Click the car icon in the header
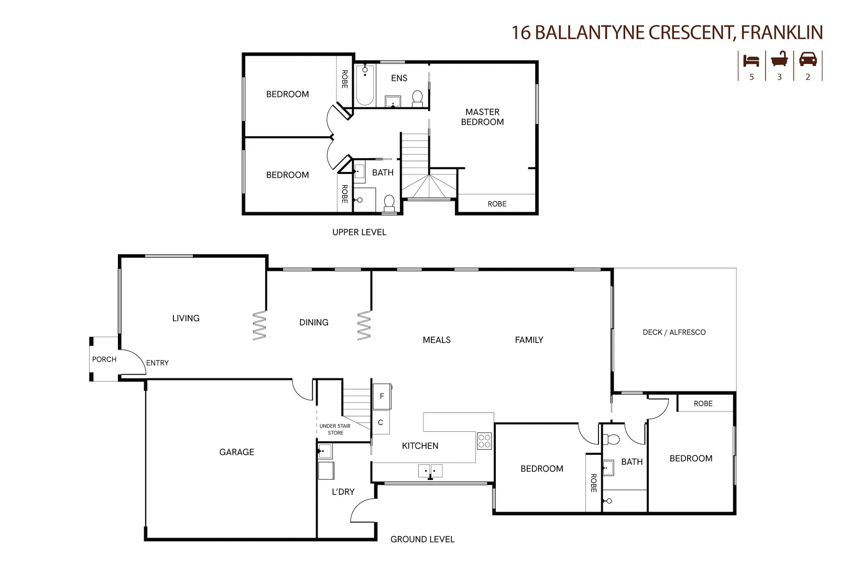coord(808,59)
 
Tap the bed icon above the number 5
coord(751,60)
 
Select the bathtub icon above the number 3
coord(779,59)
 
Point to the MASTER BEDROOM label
coord(482,117)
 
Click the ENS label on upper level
coord(399,78)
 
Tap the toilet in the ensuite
coord(418,99)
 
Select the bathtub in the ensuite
coord(365,84)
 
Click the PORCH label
coord(104,360)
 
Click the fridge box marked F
coord(382,396)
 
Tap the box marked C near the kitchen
coord(380,422)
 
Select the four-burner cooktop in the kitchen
coord(484,441)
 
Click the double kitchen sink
coord(430,471)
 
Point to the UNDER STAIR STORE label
coord(335,429)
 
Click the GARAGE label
coord(236,452)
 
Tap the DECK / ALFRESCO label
coord(674,332)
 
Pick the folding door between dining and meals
coord(364,325)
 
